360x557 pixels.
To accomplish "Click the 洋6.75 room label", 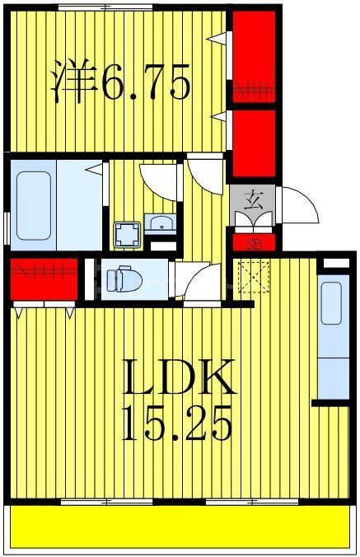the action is [x=121, y=82].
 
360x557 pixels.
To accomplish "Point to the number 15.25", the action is [x=176, y=423].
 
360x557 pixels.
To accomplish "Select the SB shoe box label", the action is [x=254, y=245].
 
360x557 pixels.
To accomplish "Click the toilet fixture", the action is [x=124, y=278].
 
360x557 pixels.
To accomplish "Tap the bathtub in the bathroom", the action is [x=34, y=205].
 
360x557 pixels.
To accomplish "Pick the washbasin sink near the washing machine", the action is [x=160, y=223].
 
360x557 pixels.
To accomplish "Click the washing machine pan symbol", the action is [x=127, y=235].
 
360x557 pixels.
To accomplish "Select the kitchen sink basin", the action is [x=332, y=304].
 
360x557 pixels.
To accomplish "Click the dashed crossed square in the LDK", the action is [x=254, y=276].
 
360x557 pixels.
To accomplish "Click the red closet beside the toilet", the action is [x=44, y=279].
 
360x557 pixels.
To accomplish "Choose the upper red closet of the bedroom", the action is [x=254, y=57].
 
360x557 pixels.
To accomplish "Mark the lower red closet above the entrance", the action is [x=254, y=143].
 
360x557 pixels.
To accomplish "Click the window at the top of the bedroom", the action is [x=105, y=7].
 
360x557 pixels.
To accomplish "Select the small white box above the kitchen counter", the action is [x=336, y=263].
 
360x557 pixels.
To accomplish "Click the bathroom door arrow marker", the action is [x=95, y=169].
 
